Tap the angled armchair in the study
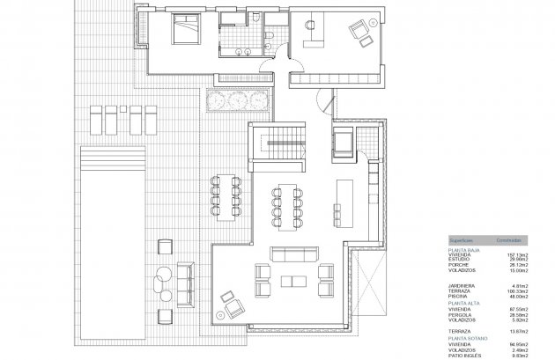pyautogui.click(x=359, y=32)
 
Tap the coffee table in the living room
pyautogui.click(x=290, y=282)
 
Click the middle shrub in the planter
pyautogui.click(x=233, y=101)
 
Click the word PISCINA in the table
pyautogui.click(x=462, y=297)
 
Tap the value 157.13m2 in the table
pyautogui.click(x=515, y=255)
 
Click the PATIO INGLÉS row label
pyautogui.click(x=468, y=356)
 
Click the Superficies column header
pyautogui.click(x=463, y=239)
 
